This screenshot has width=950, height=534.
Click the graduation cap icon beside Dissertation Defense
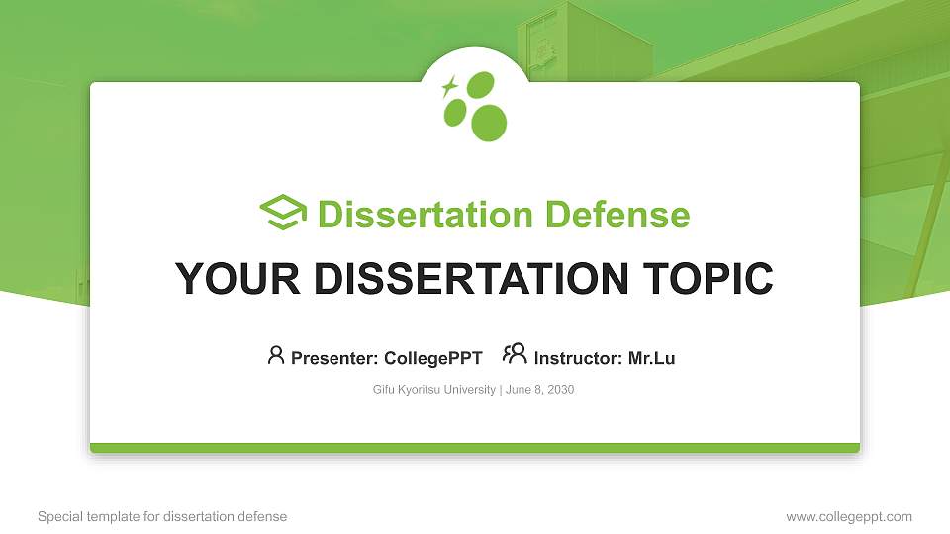(x=283, y=213)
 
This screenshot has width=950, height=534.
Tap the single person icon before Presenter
(x=276, y=355)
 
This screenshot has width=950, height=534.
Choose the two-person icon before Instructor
(x=515, y=354)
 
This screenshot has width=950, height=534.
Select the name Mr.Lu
(x=651, y=358)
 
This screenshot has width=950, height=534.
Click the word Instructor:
(x=578, y=358)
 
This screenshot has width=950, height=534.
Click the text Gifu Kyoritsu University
(x=433, y=390)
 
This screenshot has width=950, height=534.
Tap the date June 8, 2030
(x=540, y=390)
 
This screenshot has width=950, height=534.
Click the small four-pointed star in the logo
(x=449, y=86)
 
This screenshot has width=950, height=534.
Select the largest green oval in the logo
(x=488, y=122)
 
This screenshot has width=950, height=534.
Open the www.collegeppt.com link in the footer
(x=849, y=516)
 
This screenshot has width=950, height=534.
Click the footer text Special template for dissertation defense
(x=162, y=516)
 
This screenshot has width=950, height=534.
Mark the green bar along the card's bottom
(x=475, y=448)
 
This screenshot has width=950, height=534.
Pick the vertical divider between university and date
(x=500, y=390)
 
